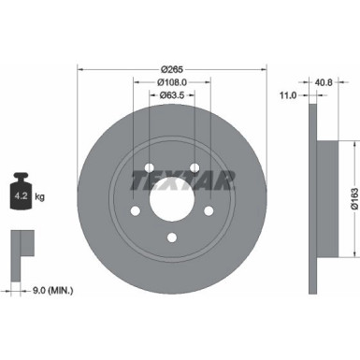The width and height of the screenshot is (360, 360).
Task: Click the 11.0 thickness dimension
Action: [288, 94]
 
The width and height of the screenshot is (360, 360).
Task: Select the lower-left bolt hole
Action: [135, 212]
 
